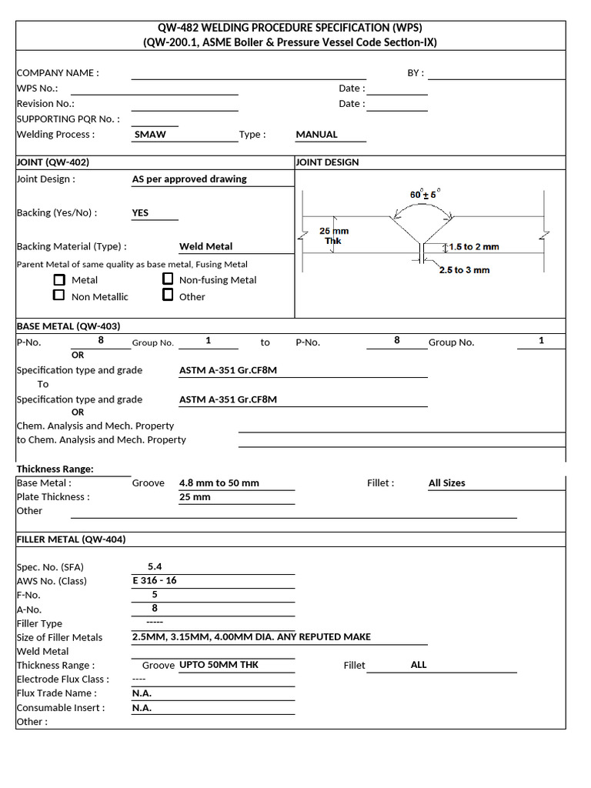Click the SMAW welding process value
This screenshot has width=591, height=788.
[x=150, y=134]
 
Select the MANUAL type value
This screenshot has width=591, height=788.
[x=316, y=134]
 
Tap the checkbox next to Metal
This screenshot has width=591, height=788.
[x=58, y=279]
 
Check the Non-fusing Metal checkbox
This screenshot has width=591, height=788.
[x=168, y=279]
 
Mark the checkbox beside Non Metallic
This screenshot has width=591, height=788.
[x=58, y=295]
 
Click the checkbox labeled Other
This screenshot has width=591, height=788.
[x=168, y=295]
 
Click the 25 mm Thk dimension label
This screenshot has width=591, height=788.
[x=334, y=235]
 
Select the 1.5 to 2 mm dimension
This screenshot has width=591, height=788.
[x=473, y=247]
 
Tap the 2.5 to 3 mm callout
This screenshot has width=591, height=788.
[x=464, y=270]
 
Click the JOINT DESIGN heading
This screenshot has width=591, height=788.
[x=327, y=162]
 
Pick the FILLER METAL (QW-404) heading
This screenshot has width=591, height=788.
[x=72, y=539]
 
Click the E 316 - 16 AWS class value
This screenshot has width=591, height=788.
[x=155, y=580]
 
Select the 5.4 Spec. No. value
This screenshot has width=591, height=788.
[x=155, y=566]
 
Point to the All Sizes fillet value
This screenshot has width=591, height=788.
[x=446, y=483]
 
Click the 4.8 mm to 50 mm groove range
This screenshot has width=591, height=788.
[x=219, y=483]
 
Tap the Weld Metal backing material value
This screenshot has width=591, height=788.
[x=205, y=246]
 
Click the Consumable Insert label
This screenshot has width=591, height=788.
[x=60, y=707]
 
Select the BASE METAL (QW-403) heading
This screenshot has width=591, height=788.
[x=68, y=326]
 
